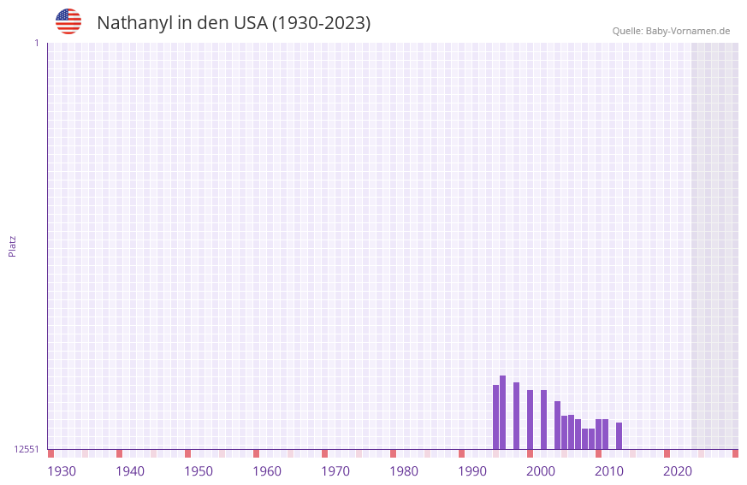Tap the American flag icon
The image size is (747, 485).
tap(68, 21)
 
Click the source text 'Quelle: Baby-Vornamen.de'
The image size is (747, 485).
tap(671, 31)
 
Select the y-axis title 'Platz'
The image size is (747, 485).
tap(12, 245)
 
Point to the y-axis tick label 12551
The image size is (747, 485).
tap(27, 449)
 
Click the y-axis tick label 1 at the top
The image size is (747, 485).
tap(36, 43)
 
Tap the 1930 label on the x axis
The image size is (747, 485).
tap(62, 471)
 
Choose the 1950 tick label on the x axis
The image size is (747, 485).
tap(199, 471)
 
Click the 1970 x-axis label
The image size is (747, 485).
tap(335, 471)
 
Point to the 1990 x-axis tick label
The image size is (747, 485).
tap(472, 471)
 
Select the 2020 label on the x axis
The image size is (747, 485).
tap(678, 471)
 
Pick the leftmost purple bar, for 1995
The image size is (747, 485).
tap(495, 417)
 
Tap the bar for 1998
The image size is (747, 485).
tap(516, 416)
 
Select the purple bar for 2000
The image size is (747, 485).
tap(530, 419)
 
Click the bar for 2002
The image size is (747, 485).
tap(543, 419)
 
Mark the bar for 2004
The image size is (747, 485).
tap(557, 425)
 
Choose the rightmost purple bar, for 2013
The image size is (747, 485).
tap(619, 435)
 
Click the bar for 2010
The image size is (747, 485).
tap(598, 434)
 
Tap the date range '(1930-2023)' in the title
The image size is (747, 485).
tap(321, 23)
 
